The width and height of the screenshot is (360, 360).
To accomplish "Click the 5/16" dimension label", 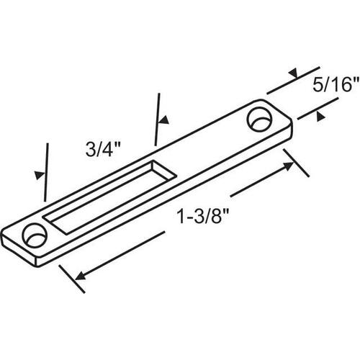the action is coord(336,84).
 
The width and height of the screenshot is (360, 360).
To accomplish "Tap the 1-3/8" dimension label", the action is coord(202,216).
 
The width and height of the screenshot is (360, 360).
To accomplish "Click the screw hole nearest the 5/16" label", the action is coord(260,120).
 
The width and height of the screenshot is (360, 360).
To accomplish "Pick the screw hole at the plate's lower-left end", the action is coord(35,235).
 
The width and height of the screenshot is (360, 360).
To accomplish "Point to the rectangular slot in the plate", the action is coord(109,197).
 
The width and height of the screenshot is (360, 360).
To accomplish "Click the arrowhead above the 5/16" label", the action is coord(293,73).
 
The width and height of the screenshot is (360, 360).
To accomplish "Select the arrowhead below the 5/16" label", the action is coord(320,116).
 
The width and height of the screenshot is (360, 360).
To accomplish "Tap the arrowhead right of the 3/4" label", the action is coord(164,120).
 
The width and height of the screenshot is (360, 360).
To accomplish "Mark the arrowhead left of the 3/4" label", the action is coord(40,175).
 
